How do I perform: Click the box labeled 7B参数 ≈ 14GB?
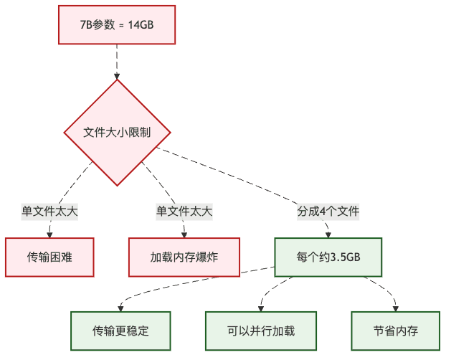tap(117, 24)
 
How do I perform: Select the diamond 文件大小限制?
tap(117, 133)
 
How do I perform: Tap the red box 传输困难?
tap(49, 257)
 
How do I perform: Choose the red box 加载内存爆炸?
tap(184, 257)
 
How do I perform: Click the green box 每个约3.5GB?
tap(328, 257)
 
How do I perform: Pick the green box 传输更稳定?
tap(120, 331)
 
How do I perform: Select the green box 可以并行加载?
tap(261, 331)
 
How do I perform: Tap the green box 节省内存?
tap(395, 331)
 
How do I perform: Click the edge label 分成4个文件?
tap(328, 212)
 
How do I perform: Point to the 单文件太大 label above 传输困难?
tap(49, 212)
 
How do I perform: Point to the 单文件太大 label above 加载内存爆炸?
tap(184, 212)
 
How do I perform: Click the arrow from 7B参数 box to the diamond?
tap(117, 61)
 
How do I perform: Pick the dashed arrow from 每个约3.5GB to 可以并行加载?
tap(276, 287)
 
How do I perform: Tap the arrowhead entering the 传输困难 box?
tap(49, 234)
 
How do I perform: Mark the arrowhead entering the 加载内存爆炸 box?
tap(184, 234)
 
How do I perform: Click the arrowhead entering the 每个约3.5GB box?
tap(328, 234)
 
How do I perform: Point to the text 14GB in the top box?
tap(140, 24)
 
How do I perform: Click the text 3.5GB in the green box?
tap(343, 257)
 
